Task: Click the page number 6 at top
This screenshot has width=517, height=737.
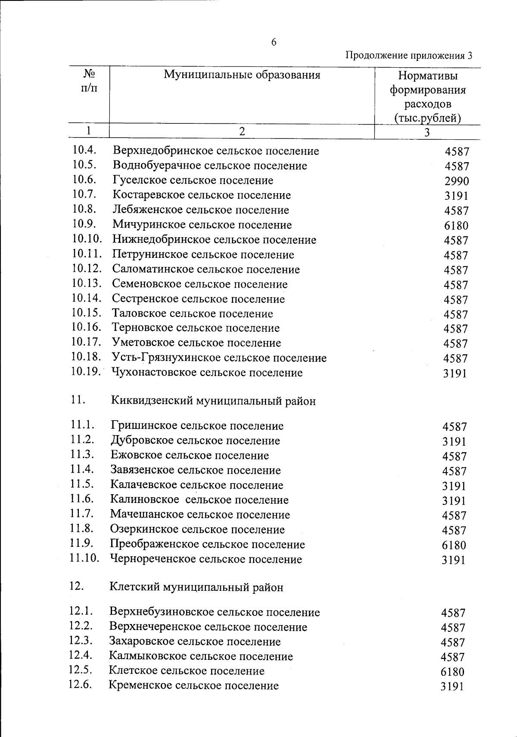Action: point(274,42)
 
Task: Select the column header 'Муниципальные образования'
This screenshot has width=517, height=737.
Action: point(242,75)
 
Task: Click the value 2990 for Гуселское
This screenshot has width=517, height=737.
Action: point(457,181)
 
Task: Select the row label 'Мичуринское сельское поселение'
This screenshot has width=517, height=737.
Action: point(202,225)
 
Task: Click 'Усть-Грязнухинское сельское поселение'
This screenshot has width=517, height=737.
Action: point(219,358)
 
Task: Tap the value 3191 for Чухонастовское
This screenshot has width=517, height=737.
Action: point(455,373)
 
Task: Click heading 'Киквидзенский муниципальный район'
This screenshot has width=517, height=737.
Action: point(213,401)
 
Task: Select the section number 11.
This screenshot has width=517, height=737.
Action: point(77,400)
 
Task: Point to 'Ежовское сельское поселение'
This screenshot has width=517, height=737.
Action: point(190,455)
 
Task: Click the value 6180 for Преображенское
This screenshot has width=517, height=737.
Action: point(454,545)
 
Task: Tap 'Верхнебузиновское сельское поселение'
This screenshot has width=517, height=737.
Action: point(214,612)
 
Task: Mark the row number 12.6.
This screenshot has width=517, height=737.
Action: point(80,684)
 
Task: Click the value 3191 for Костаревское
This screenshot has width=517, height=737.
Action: point(456,196)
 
